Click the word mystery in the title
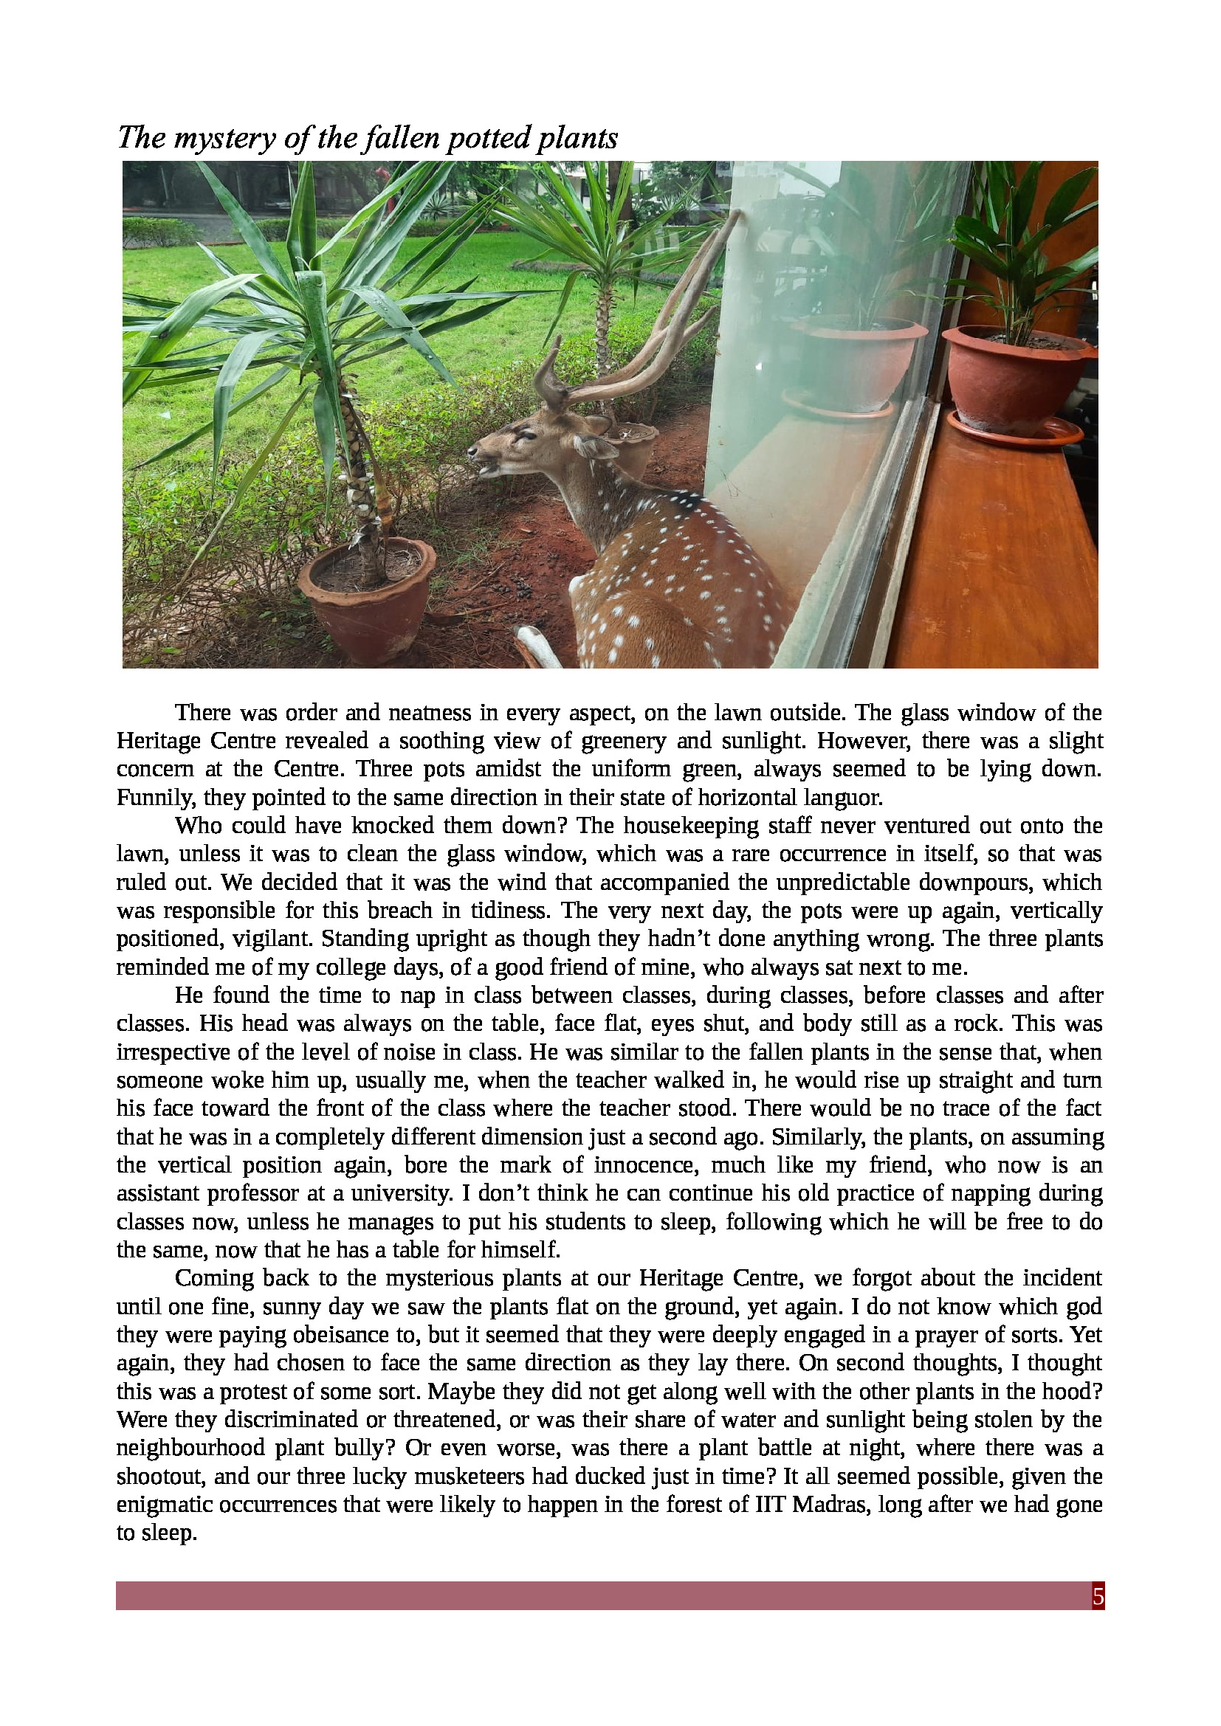pyautogui.click(x=224, y=139)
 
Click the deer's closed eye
pyautogui.click(x=524, y=435)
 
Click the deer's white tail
pyautogui.click(x=538, y=647)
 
